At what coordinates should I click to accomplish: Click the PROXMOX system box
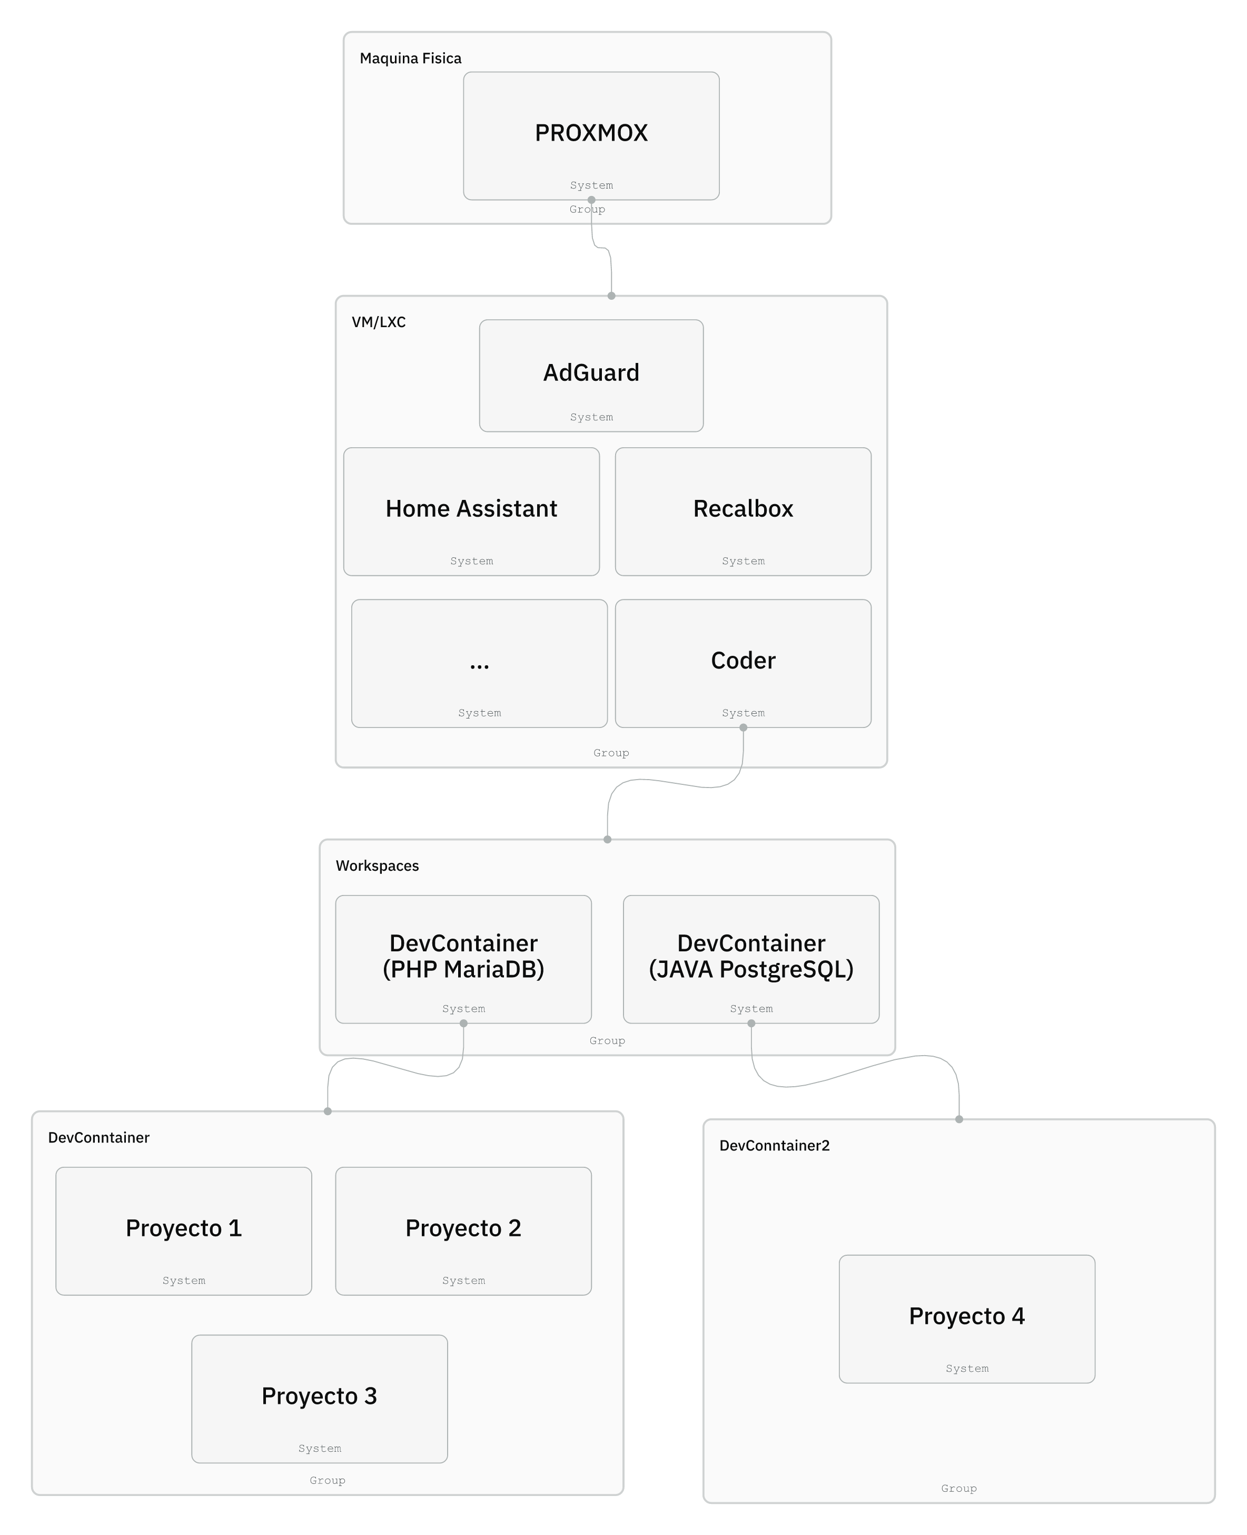click(591, 136)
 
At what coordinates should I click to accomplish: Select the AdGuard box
click(591, 376)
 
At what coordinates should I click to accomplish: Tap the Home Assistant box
click(471, 511)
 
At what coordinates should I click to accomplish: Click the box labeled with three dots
click(479, 663)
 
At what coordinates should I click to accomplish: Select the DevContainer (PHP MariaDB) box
click(463, 959)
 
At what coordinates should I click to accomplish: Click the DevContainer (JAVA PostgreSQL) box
click(751, 959)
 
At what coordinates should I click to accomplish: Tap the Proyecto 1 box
click(184, 1231)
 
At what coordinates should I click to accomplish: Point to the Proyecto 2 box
click(463, 1231)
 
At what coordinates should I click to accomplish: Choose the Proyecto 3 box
click(320, 1399)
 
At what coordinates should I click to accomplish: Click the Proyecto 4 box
click(967, 1318)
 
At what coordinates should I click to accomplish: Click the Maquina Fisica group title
click(410, 58)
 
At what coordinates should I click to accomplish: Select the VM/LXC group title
click(379, 322)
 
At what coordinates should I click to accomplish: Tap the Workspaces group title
click(377, 866)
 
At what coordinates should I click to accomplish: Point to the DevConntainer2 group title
click(774, 1146)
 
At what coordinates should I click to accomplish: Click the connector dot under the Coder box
click(744, 728)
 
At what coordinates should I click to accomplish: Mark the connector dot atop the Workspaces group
click(608, 839)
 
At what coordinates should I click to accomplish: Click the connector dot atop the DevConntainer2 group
click(959, 1119)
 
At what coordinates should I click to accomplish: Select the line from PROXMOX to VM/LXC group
click(601, 248)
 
